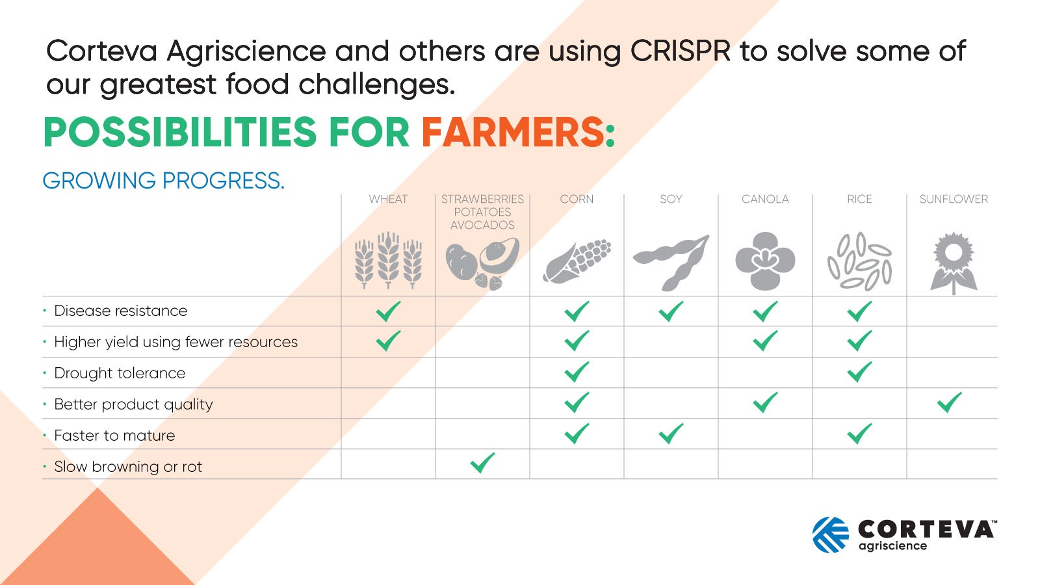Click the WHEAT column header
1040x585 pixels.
(x=388, y=199)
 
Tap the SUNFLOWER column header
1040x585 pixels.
(x=953, y=199)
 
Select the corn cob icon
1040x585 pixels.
(x=577, y=261)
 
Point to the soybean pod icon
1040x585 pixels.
(x=671, y=262)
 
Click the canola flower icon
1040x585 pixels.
(x=765, y=261)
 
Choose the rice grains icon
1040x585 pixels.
(x=859, y=261)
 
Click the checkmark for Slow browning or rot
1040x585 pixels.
(x=482, y=463)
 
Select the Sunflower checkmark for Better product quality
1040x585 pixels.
(x=950, y=402)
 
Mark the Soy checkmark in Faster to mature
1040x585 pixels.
(x=671, y=434)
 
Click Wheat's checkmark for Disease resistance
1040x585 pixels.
(x=388, y=311)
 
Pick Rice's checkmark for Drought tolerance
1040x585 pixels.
(x=859, y=372)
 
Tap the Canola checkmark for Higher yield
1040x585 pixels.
(x=765, y=341)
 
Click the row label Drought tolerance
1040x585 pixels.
(x=120, y=373)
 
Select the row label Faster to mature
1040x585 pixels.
(x=114, y=435)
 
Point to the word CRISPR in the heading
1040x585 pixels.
(x=680, y=51)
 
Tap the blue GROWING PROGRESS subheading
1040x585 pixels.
(x=163, y=181)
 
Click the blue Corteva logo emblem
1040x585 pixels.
(x=830, y=535)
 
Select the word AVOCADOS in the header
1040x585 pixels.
(x=482, y=225)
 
